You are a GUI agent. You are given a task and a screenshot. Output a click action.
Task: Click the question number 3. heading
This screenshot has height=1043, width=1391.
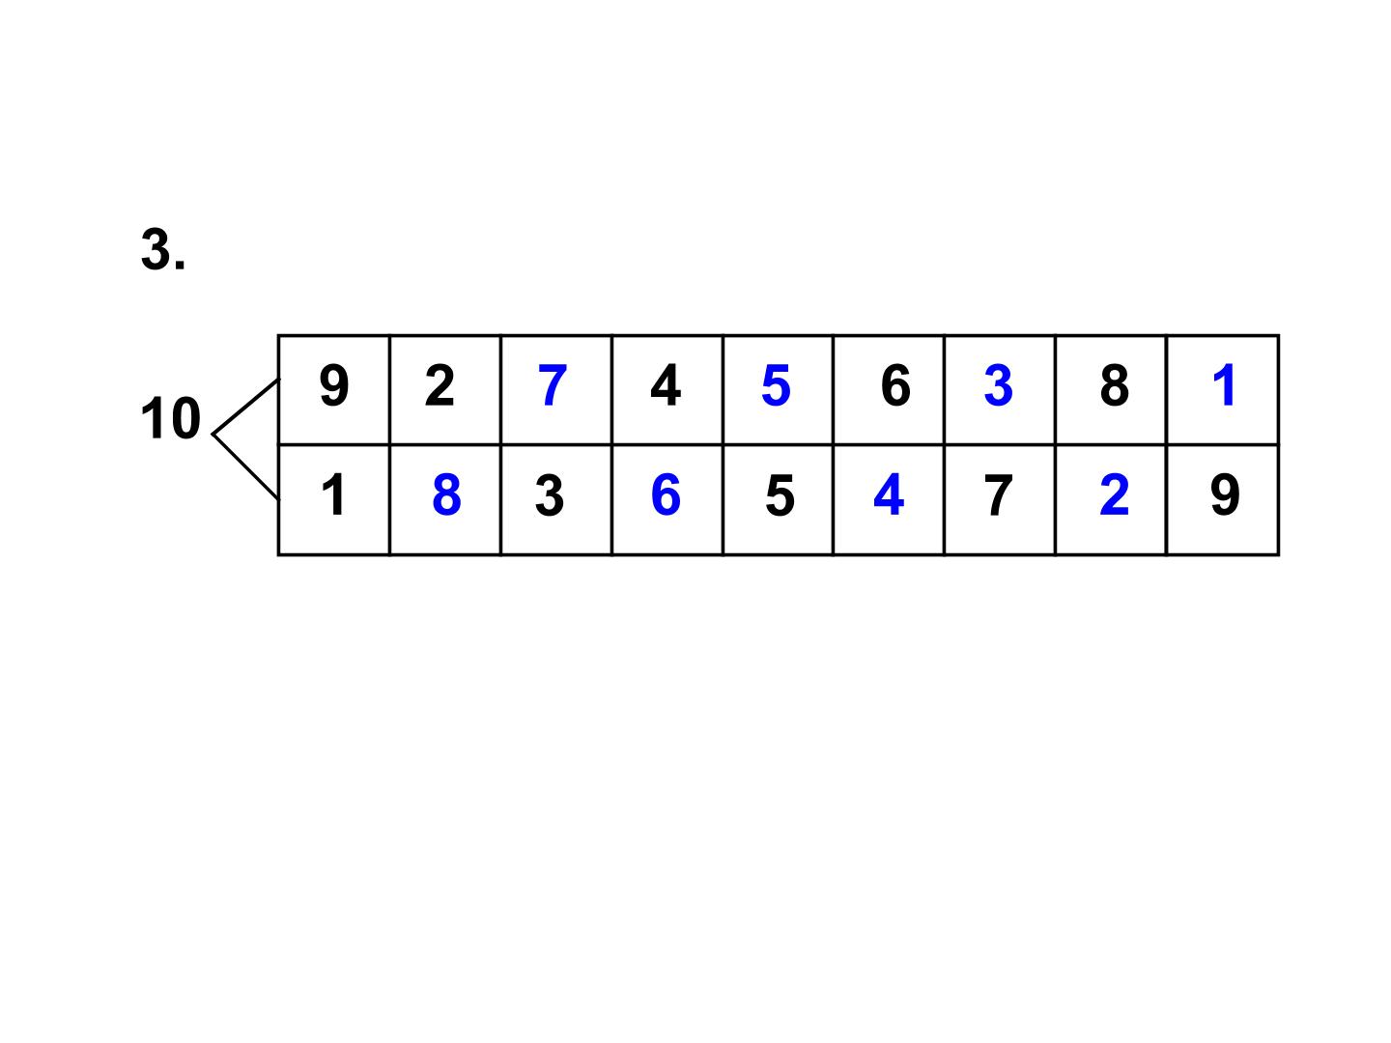[x=163, y=249]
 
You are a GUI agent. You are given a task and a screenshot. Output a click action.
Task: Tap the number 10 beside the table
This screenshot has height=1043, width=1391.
[x=170, y=418]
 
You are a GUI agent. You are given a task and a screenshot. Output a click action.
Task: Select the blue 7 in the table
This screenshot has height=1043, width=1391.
[x=552, y=385]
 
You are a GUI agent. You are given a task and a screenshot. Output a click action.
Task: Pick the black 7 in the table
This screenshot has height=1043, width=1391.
[x=998, y=494]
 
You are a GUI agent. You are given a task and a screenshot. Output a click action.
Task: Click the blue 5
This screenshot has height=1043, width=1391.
[x=776, y=385]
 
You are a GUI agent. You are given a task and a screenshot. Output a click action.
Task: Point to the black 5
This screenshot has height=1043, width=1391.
[x=780, y=494]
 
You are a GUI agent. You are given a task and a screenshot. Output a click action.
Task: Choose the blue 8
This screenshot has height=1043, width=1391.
[x=446, y=494]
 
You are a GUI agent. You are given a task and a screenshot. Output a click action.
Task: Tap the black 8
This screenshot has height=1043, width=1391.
[x=1114, y=385]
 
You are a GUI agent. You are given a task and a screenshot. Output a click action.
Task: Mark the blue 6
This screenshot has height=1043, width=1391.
[x=666, y=494]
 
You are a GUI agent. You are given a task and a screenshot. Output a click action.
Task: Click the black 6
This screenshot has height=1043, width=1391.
[x=895, y=385]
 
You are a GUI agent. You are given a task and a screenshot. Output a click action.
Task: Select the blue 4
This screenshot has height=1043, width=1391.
[x=889, y=494]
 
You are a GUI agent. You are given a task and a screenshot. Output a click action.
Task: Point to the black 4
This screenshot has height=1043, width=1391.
[x=666, y=385]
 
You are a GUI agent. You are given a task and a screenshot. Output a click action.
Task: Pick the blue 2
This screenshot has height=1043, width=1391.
[x=1114, y=494]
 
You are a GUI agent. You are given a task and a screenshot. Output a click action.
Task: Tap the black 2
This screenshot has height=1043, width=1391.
[x=440, y=385]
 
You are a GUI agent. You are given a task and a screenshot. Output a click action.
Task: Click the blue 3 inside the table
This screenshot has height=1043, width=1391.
[x=998, y=385]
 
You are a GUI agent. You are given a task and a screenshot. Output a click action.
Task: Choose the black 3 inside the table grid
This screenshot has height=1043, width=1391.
[x=549, y=494]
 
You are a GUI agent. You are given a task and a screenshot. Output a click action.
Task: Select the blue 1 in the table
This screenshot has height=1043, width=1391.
[x=1224, y=385]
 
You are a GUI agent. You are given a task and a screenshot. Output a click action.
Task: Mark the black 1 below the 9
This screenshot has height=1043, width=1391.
[x=333, y=494]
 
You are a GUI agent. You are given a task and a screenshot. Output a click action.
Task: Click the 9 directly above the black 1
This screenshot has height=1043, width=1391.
[x=334, y=385]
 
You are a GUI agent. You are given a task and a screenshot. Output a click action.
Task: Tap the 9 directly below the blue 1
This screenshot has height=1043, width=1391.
[x=1225, y=494]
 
